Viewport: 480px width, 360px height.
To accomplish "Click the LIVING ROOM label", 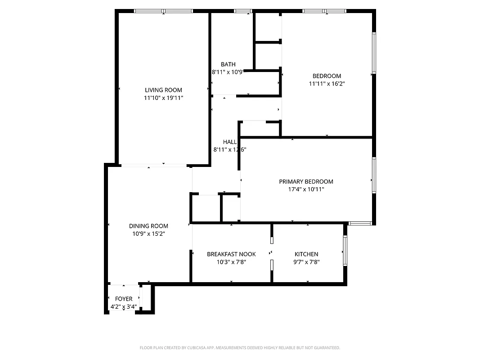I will pos(163,90).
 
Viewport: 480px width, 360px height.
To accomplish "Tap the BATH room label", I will pos(228,64).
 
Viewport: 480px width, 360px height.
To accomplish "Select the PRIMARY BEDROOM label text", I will pos(306,181).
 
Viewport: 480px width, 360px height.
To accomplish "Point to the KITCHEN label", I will pos(306,254).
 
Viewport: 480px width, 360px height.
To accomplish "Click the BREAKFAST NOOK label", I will pos(231,254).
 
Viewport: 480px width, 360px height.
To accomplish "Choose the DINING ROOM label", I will pos(148,226).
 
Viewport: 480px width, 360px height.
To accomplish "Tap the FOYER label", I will pos(124,299).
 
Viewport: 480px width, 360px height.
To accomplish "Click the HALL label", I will pos(229,142).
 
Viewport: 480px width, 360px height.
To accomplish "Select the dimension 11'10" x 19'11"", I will pos(163,98).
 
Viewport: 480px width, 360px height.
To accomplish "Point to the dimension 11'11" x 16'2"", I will pos(327,83).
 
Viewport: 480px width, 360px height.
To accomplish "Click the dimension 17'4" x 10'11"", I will pos(306,189).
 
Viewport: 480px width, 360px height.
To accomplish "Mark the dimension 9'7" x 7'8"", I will pos(306,262).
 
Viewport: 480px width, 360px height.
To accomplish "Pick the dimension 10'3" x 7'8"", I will pos(231,262).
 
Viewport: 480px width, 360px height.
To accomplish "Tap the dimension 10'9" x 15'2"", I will pos(148,234).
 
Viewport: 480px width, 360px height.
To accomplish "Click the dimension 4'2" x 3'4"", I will pos(124,307).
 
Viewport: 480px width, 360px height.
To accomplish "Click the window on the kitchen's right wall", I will pos(345,251).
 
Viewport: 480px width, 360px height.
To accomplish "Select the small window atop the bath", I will pos(242,11).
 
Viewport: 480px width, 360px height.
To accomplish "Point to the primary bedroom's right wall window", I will pos(373,175).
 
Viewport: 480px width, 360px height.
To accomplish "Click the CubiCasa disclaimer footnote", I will pos(240,348).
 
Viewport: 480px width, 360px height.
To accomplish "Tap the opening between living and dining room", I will pos(153,165).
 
